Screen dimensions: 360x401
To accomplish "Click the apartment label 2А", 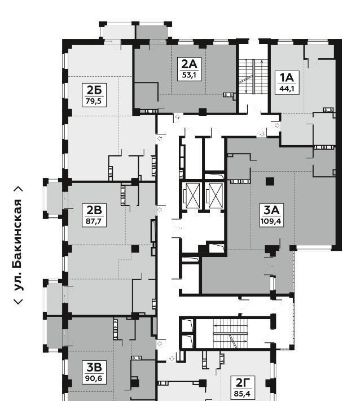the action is [x=189, y=64].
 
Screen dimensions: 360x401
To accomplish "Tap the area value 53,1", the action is [x=189, y=75].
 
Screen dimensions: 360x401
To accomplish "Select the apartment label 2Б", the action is [x=94, y=90].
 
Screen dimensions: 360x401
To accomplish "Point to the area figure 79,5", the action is [x=94, y=101].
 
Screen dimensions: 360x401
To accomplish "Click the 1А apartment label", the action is [x=287, y=77].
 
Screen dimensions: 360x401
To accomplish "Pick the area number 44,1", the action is [x=287, y=89].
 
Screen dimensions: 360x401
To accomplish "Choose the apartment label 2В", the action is [x=94, y=210].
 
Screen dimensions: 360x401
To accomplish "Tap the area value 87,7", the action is [x=94, y=221].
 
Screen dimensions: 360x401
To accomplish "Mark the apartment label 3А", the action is [x=271, y=210].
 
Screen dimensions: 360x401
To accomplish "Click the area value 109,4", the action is [x=271, y=221].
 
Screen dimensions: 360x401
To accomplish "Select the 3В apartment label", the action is [x=94, y=367].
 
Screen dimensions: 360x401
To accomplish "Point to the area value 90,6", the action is [x=94, y=378].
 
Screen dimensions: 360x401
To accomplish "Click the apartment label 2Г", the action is [x=242, y=382].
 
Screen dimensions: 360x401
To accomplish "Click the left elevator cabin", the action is [x=192, y=196].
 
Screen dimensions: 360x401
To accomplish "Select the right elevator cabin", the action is [x=216, y=196].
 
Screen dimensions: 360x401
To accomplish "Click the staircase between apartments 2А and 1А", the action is [x=253, y=76].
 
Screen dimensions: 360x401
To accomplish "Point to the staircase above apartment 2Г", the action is [x=231, y=333].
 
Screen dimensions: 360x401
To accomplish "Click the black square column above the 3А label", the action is [x=270, y=181].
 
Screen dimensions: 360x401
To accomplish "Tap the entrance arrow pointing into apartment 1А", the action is [x=277, y=126].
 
